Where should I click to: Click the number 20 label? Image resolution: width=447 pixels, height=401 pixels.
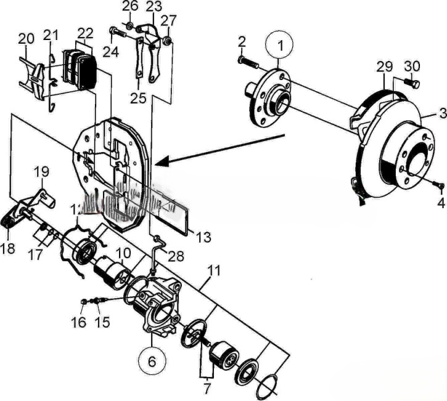coord(25,39)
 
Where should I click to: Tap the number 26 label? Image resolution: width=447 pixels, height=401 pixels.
coord(130,7)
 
